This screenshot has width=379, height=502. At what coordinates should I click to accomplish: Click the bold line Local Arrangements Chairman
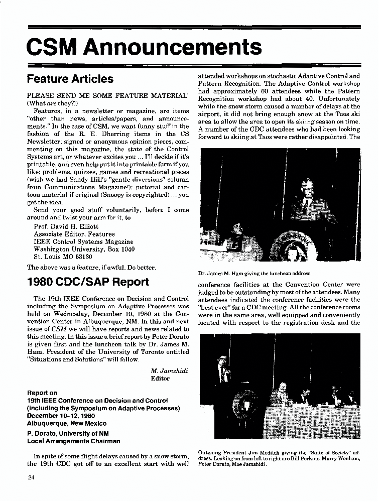73,441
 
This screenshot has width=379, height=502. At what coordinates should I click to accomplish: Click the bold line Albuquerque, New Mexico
67,423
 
